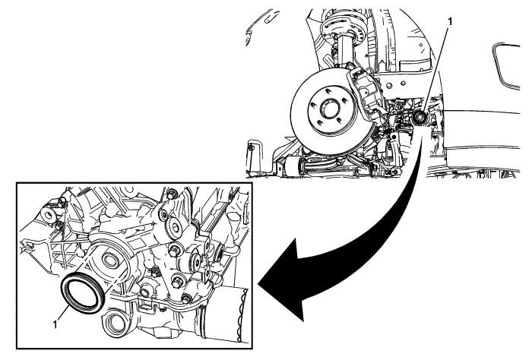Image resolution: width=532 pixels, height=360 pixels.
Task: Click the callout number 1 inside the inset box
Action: coord(55,324)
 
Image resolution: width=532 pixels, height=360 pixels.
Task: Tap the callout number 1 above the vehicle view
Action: coord(450,22)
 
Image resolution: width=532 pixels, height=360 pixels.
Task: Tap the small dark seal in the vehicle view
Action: coord(420,118)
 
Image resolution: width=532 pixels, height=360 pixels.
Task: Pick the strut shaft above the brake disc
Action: coord(345,52)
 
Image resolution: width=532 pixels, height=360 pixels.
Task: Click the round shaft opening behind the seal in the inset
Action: coord(109,260)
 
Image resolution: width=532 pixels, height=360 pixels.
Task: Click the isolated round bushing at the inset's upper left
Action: coord(48,215)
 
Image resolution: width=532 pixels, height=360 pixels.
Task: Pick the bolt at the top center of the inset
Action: coord(172,195)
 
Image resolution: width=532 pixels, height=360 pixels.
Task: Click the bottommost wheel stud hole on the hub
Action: coord(320,123)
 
